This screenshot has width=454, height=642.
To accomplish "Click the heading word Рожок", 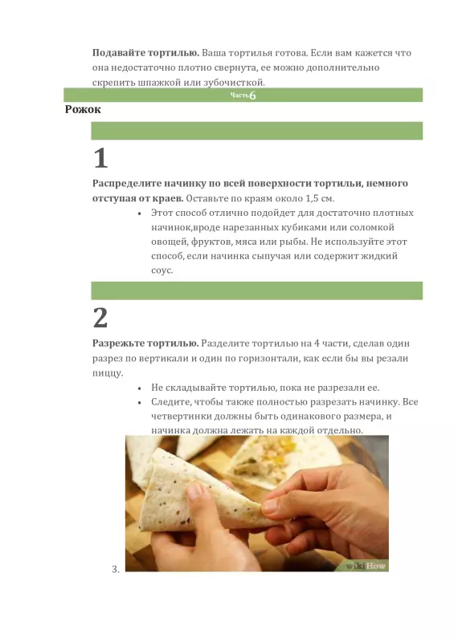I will [83, 109].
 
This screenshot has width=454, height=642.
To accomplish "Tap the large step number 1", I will [100, 156].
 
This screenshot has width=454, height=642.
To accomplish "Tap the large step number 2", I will [100, 318].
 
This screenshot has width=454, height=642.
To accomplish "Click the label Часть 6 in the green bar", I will [243, 95].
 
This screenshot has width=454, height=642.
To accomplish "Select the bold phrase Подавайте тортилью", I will [145, 52].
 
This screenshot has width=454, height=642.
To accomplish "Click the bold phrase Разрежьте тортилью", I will [145, 343].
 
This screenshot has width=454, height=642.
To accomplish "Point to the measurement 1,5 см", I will [316, 197].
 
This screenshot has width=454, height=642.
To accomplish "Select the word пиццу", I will [108, 372].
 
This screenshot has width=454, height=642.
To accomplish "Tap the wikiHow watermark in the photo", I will [366, 565].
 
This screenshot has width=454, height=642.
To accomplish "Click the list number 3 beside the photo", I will [115, 569].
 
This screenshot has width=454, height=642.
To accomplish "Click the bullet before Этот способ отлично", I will [141, 213].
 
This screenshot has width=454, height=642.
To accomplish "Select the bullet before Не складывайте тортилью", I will [141, 388].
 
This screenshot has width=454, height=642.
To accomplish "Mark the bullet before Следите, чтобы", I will [141, 402].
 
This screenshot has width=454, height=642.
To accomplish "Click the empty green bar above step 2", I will [256, 291].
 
